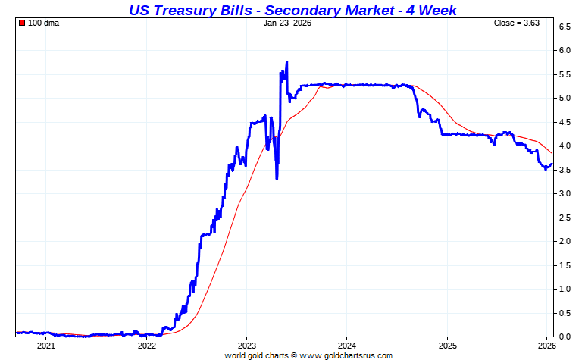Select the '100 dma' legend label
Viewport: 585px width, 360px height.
(x=43, y=23)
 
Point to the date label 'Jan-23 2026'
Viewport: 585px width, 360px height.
(x=287, y=23)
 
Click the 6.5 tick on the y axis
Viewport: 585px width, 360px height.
(x=565, y=27)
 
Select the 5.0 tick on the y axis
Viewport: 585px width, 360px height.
(x=565, y=99)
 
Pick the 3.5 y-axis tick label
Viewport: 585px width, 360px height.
(x=565, y=170)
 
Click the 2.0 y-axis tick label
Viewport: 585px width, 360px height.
(x=565, y=241)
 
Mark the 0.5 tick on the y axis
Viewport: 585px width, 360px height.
(x=565, y=313)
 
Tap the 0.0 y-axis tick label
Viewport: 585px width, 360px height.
(x=565, y=337)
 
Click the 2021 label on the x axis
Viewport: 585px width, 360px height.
(x=45, y=346)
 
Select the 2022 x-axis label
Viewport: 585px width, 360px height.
(x=146, y=346)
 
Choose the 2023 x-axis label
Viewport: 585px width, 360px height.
(x=246, y=346)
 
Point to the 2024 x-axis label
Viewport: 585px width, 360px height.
(x=346, y=346)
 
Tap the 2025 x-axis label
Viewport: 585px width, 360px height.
(x=447, y=346)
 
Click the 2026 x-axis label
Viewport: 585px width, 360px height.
(x=547, y=346)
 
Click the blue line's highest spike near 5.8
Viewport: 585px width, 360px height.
(x=286, y=62)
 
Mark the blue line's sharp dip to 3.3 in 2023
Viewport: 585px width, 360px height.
(x=277, y=178)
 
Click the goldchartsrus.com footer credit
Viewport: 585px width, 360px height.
(x=308, y=355)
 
